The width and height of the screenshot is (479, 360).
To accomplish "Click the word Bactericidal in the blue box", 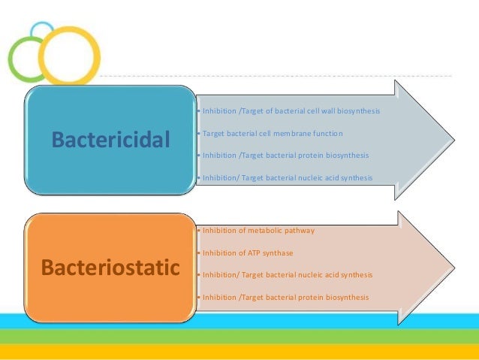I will [x=111, y=139].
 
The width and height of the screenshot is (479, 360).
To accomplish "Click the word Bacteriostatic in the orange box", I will [x=111, y=267].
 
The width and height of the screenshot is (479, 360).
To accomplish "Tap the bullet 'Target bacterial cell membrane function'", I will [x=269, y=133].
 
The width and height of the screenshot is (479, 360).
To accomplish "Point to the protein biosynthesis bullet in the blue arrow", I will [x=282, y=156].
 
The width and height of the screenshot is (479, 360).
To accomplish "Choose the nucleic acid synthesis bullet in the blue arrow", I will [x=284, y=177].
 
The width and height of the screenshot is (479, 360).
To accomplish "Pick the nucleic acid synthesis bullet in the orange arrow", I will [x=284, y=275].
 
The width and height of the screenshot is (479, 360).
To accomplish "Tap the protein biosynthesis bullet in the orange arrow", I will [x=282, y=297].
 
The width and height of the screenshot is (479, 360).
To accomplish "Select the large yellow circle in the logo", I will [x=69, y=55].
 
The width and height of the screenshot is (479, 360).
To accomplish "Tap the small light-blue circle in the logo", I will [x=43, y=32].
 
